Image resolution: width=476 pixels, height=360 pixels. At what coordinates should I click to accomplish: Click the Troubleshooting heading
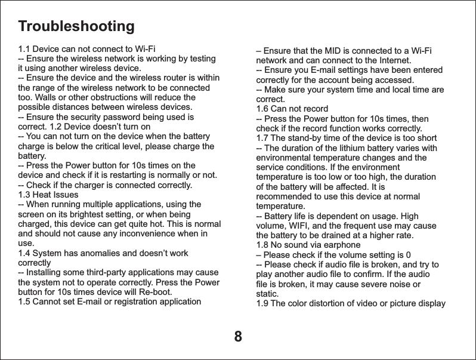(x=76, y=27)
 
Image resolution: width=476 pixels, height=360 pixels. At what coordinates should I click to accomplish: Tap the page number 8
(x=238, y=337)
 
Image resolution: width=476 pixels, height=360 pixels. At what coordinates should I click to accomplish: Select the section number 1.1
(x=24, y=49)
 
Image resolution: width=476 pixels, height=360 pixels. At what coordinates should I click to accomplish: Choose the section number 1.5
(x=24, y=301)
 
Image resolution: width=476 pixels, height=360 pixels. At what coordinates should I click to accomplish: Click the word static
(x=267, y=294)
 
